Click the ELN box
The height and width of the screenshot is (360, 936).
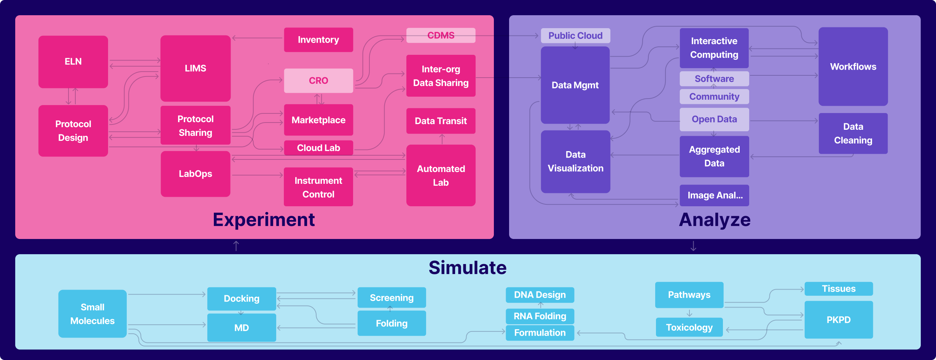coord(73,62)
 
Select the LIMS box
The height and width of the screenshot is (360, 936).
coord(195,68)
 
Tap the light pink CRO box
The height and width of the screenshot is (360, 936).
coord(318,81)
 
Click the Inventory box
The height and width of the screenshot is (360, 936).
coord(318,40)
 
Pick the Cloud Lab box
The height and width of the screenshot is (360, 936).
coord(318,148)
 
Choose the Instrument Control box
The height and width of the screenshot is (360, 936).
coord(318,187)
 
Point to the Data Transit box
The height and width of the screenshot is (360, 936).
coord(441,121)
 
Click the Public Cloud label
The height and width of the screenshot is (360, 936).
coord(575,36)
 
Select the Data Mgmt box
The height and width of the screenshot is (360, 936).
coord(575,85)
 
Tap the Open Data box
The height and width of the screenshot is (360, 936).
coord(714,119)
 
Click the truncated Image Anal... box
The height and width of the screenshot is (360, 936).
coord(714,196)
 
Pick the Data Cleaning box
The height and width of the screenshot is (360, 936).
coord(853,134)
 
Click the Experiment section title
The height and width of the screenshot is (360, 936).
coord(264,220)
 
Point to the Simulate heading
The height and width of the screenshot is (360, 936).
coord(468,268)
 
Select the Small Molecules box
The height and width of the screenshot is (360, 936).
coord(92,314)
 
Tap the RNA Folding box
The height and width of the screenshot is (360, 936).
coord(540,316)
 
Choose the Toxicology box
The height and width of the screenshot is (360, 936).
coord(689,327)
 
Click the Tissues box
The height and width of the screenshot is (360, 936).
coord(839,289)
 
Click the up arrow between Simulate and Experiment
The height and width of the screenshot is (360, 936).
coord(236,246)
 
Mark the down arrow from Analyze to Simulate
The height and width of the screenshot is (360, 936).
coord(693,246)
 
